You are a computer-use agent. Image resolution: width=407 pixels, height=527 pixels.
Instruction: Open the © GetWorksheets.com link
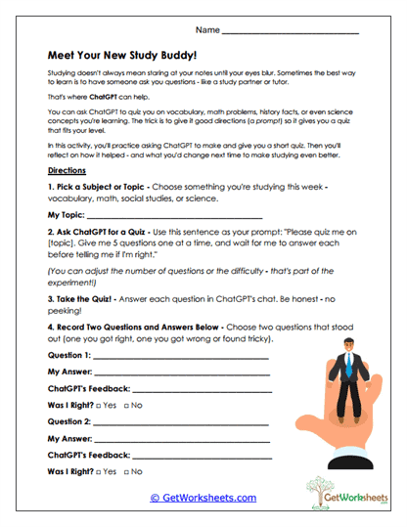[x=203, y=498]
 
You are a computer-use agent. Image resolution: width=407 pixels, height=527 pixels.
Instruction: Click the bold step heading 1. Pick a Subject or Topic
[x=115, y=185]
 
